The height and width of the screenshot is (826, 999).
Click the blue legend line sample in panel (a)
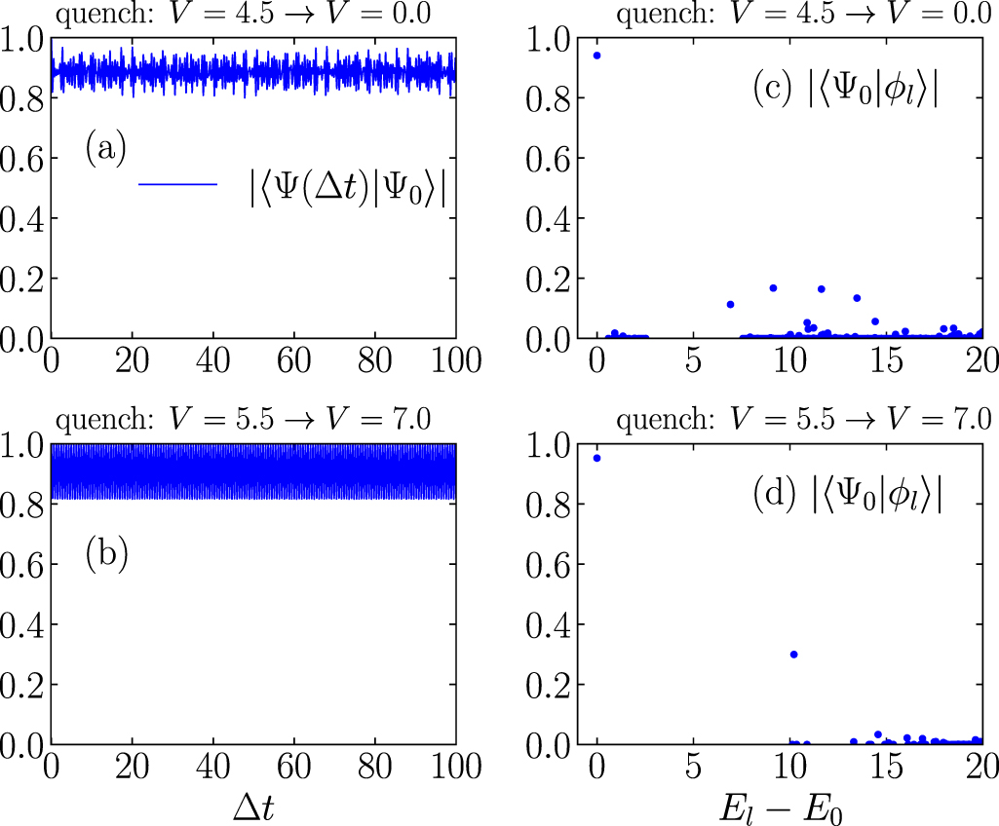[x=177, y=183]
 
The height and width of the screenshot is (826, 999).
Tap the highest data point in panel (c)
[x=596, y=56]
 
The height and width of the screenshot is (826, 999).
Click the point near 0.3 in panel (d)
[x=794, y=655]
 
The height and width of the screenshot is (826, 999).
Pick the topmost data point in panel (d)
[x=596, y=458]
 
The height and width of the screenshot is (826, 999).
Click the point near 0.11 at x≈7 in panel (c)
[x=730, y=305]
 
